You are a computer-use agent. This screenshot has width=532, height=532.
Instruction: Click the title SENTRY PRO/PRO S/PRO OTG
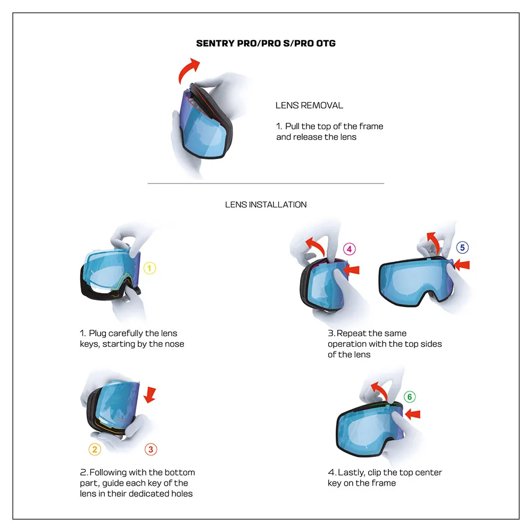pyautogui.click(x=265, y=43)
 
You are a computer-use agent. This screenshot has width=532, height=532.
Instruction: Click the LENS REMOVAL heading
pyautogui.click(x=309, y=105)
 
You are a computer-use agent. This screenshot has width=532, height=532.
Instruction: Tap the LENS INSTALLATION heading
pyautogui.click(x=265, y=204)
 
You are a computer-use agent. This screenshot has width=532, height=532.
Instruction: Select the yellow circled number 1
pyautogui.click(x=150, y=268)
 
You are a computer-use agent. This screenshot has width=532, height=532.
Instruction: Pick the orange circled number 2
pyautogui.click(x=95, y=450)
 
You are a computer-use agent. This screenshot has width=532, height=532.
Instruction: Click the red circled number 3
pyautogui.click(x=151, y=450)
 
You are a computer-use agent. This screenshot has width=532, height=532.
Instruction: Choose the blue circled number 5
pyautogui.click(x=462, y=247)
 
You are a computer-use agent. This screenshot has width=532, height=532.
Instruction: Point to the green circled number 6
pyautogui.click(x=409, y=397)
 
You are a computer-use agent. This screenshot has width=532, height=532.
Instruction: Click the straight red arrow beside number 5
pyautogui.click(x=462, y=264)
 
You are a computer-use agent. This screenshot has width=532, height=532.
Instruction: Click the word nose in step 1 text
pyautogui.click(x=173, y=344)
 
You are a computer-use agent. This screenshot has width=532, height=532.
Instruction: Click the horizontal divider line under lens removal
pyautogui.click(x=265, y=184)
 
